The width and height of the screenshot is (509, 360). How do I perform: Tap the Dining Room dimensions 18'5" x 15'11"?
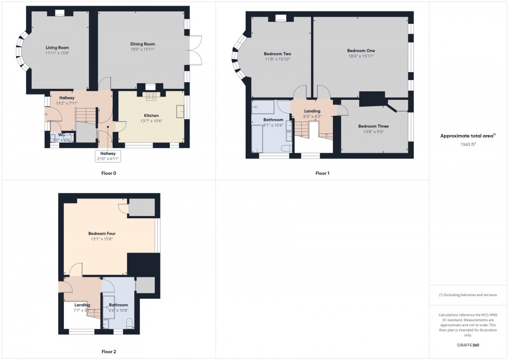(142, 49)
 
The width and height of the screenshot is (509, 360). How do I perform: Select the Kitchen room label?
(151, 115)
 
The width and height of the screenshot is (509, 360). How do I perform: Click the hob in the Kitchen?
(151, 96)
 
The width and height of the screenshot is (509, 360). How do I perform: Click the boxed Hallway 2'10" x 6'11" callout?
(108, 155)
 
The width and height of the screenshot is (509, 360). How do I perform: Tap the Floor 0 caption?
(109, 173)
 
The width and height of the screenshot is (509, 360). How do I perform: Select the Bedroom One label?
(360, 50)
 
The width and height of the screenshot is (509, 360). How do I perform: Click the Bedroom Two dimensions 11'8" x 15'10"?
(277, 59)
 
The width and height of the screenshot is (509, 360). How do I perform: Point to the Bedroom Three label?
(373, 126)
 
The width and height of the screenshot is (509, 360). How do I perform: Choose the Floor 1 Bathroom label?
(273, 119)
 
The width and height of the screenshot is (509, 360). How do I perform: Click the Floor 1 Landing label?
(312, 111)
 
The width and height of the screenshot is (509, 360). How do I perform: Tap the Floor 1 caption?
(322, 173)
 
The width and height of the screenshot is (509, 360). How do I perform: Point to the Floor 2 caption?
(108, 352)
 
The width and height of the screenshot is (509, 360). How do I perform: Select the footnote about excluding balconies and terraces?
(467, 295)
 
